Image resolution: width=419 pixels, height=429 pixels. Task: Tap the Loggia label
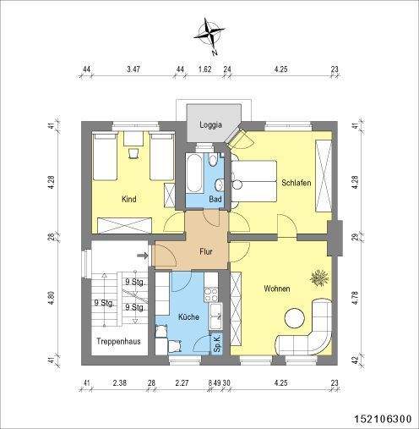(x=210, y=125)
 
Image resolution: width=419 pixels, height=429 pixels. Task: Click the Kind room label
(x=129, y=200)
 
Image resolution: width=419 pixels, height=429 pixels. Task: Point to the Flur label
(x=205, y=251)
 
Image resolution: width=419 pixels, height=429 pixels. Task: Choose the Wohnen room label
(x=276, y=289)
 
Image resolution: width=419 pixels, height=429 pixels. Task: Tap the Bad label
(x=215, y=199)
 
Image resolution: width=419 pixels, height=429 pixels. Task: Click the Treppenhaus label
(x=117, y=342)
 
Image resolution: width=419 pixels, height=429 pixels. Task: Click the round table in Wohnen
(x=295, y=318)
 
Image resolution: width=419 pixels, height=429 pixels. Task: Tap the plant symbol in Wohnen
(x=319, y=277)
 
